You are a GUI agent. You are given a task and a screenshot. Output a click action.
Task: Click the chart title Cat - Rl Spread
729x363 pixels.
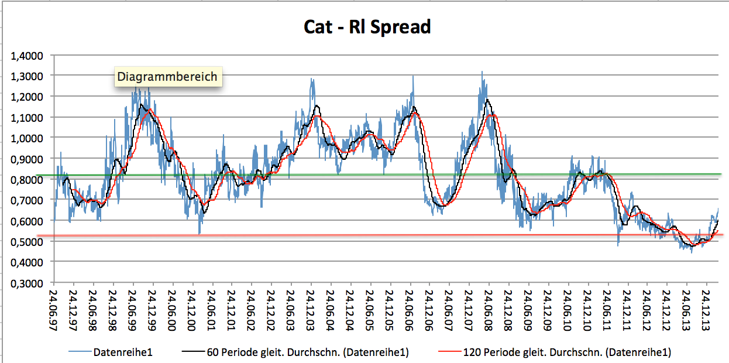(x=367, y=26)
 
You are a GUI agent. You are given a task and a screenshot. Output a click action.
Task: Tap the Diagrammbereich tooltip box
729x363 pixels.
(x=167, y=76)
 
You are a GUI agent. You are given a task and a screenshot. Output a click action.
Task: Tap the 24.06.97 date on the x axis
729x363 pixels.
(x=53, y=307)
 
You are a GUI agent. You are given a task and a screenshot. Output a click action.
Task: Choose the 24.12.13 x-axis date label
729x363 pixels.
(x=706, y=307)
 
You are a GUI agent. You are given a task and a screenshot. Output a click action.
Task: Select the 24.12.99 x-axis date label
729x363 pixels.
(x=152, y=307)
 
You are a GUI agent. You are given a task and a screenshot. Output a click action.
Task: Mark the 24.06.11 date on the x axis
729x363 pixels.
(x=607, y=307)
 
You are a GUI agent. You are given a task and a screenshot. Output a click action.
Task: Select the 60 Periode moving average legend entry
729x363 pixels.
(x=307, y=352)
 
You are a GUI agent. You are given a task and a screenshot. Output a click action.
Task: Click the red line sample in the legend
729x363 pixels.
(x=449, y=352)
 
